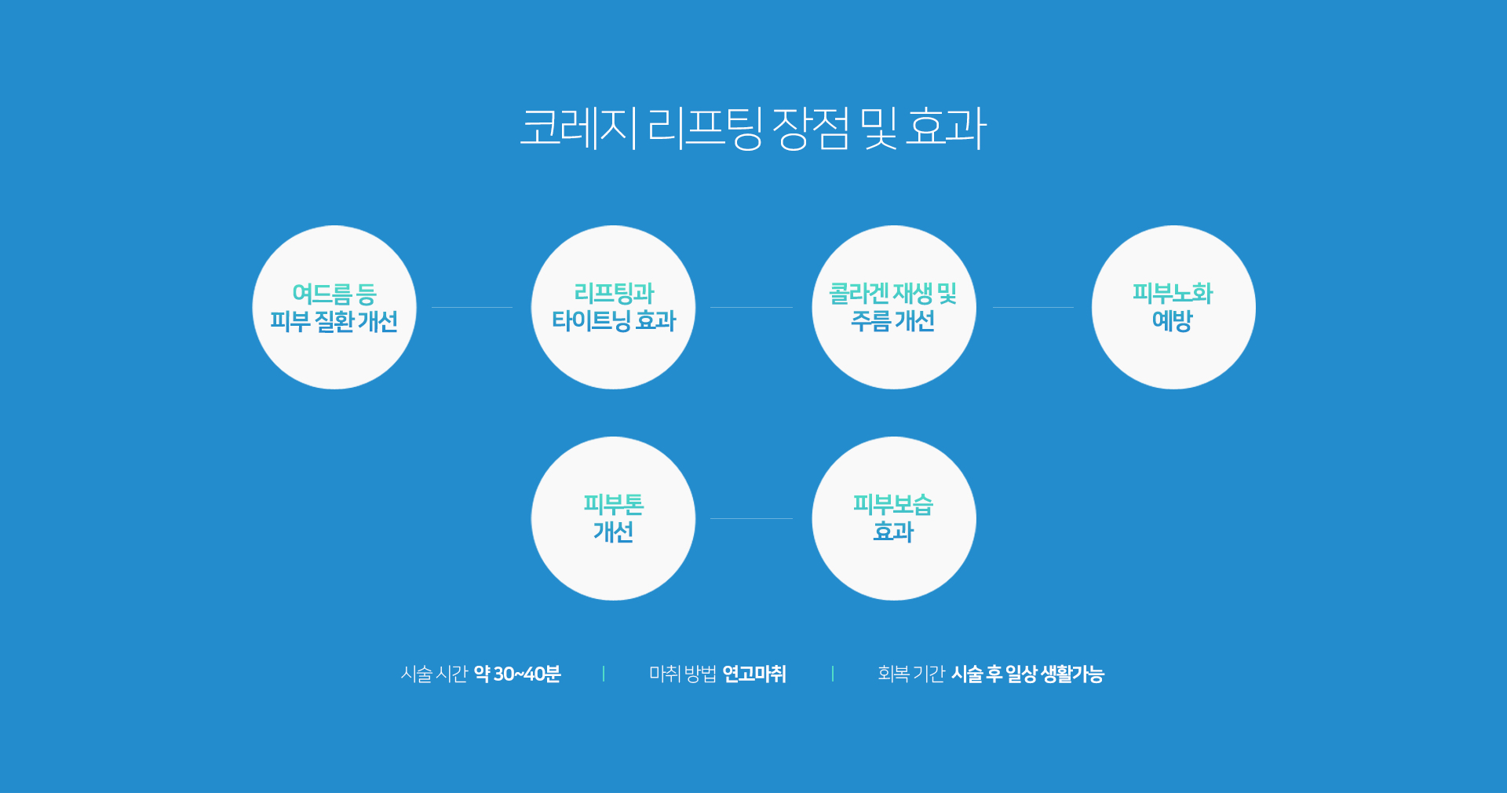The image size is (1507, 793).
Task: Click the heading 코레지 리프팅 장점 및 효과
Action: (x=753, y=127)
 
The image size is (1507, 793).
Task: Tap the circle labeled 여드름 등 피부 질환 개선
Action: (x=334, y=307)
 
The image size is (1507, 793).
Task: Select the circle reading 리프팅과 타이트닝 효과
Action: (x=613, y=307)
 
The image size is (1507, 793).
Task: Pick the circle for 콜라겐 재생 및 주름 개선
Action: (x=894, y=307)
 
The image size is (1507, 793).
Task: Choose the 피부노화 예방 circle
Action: (x=1173, y=307)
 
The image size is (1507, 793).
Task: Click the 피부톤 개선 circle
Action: (x=613, y=518)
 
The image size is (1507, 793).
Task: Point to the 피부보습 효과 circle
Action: (x=894, y=518)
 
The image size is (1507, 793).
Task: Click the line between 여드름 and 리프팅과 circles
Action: (x=472, y=307)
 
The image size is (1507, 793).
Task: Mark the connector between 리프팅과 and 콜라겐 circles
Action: (x=751, y=307)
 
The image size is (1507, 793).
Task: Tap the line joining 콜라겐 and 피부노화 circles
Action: (x=1033, y=307)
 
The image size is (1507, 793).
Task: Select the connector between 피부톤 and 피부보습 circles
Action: (x=751, y=518)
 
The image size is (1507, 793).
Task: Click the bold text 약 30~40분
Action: (x=517, y=674)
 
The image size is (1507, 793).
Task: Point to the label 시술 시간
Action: (x=434, y=674)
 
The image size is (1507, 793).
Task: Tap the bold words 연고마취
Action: (x=754, y=674)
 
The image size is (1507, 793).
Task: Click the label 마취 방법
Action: (x=683, y=674)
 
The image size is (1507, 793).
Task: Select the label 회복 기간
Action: (x=911, y=674)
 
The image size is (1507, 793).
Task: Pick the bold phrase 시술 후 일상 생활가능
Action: (x=1027, y=674)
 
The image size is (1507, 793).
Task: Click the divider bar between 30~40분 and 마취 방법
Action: (x=604, y=674)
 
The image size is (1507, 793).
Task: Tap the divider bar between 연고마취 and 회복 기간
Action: (x=833, y=674)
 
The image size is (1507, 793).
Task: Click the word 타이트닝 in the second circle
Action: (x=591, y=320)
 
